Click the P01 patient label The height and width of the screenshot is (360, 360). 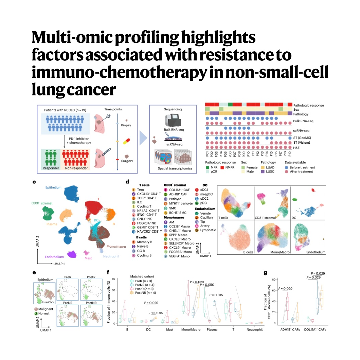tap(208, 155)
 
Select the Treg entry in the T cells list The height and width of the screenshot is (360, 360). tap(140, 190)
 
